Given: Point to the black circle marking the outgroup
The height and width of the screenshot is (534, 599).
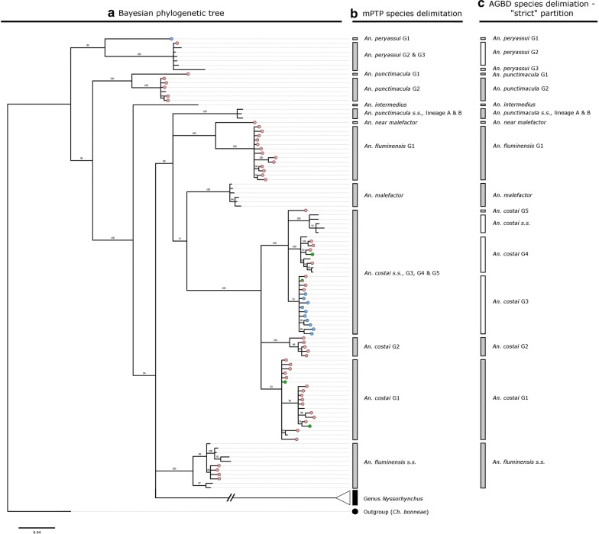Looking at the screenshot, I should coord(355,512).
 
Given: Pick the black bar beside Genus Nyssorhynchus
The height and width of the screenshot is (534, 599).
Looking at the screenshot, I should coord(355,497).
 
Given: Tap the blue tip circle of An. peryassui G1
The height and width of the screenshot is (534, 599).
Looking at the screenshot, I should coord(172,39).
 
